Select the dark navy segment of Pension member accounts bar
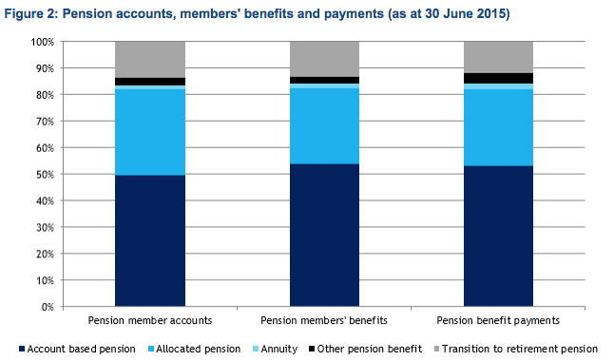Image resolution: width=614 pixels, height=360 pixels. [x=150, y=241]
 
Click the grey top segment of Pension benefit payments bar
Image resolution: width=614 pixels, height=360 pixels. [x=498, y=57]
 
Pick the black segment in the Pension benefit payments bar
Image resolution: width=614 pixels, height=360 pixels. [x=498, y=78]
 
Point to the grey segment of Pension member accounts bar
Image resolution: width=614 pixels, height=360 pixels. [x=150, y=60]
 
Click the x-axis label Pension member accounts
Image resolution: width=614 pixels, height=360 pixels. [x=150, y=320]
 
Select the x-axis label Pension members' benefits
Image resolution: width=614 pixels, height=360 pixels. [x=324, y=320]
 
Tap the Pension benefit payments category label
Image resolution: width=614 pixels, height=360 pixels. [x=498, y=320]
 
